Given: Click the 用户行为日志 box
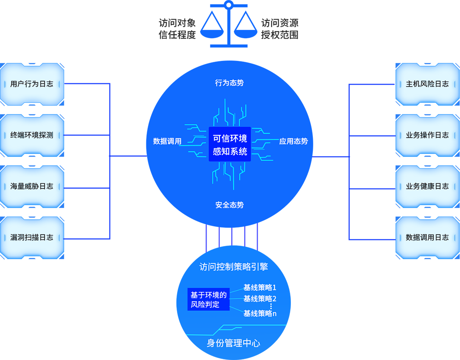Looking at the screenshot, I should click(x=32, y=84).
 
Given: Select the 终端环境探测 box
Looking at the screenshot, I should click(x=32, y=135).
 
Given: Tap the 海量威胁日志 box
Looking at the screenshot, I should click(x=32, y=186).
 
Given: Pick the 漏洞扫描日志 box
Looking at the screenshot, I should click(x=32, y=238).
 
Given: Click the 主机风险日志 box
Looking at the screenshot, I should click(x=427, y=84).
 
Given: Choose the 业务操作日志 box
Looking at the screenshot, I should click(x=427, y=135).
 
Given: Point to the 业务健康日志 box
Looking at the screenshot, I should click(x=427, y=186).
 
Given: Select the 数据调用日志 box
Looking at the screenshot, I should click(x=427, y=238).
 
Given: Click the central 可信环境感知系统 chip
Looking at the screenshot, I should click(x=230, y=145).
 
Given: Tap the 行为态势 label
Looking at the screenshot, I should click(x=229, y=83).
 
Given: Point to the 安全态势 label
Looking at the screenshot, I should click(x=229, y=205).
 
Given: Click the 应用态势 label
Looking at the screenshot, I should click(x=294, y=141).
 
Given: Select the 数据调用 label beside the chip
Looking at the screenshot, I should click(x=167, y=141).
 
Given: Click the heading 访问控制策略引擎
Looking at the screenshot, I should click(x=233, y=267).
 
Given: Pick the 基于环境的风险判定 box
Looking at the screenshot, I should click(x=209, y=299).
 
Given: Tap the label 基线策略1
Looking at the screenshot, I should click(x=260, y=288).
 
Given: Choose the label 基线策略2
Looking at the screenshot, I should click(x=260, y=299).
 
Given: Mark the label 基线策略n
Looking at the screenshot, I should click(x=260, y=314).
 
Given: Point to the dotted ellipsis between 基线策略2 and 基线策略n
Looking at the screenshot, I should click(x=271, y=306).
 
